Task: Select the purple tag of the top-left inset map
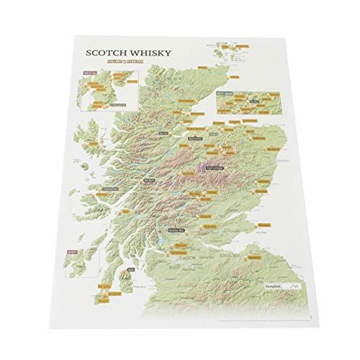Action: [x=89, y=73]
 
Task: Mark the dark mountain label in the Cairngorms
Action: [x=215, y=168]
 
